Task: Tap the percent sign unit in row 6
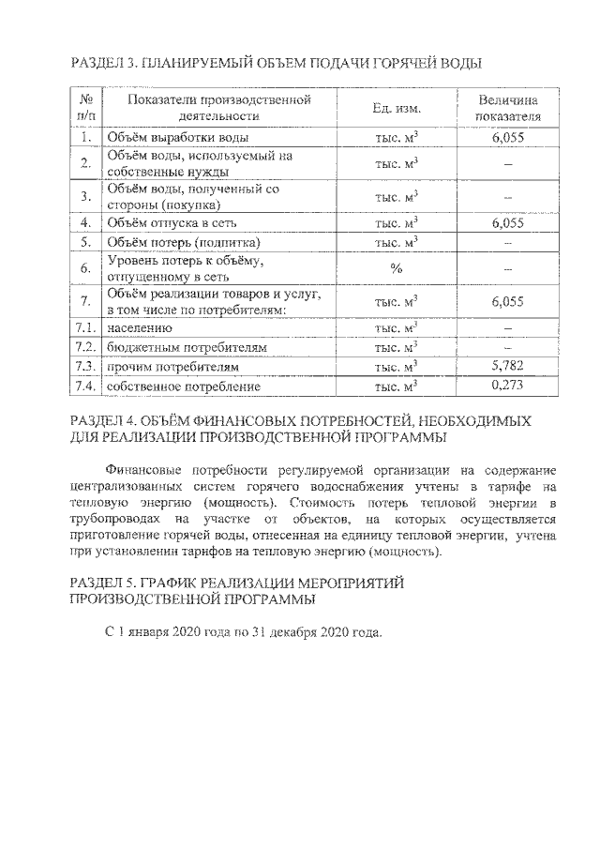tap(397, 268)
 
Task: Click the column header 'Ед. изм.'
tap(397, 109)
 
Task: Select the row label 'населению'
tap(140, 329)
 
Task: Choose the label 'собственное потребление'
tap(183, 387)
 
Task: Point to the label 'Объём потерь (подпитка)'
tap(175, 242)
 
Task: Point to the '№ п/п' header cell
tap(86, 109)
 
